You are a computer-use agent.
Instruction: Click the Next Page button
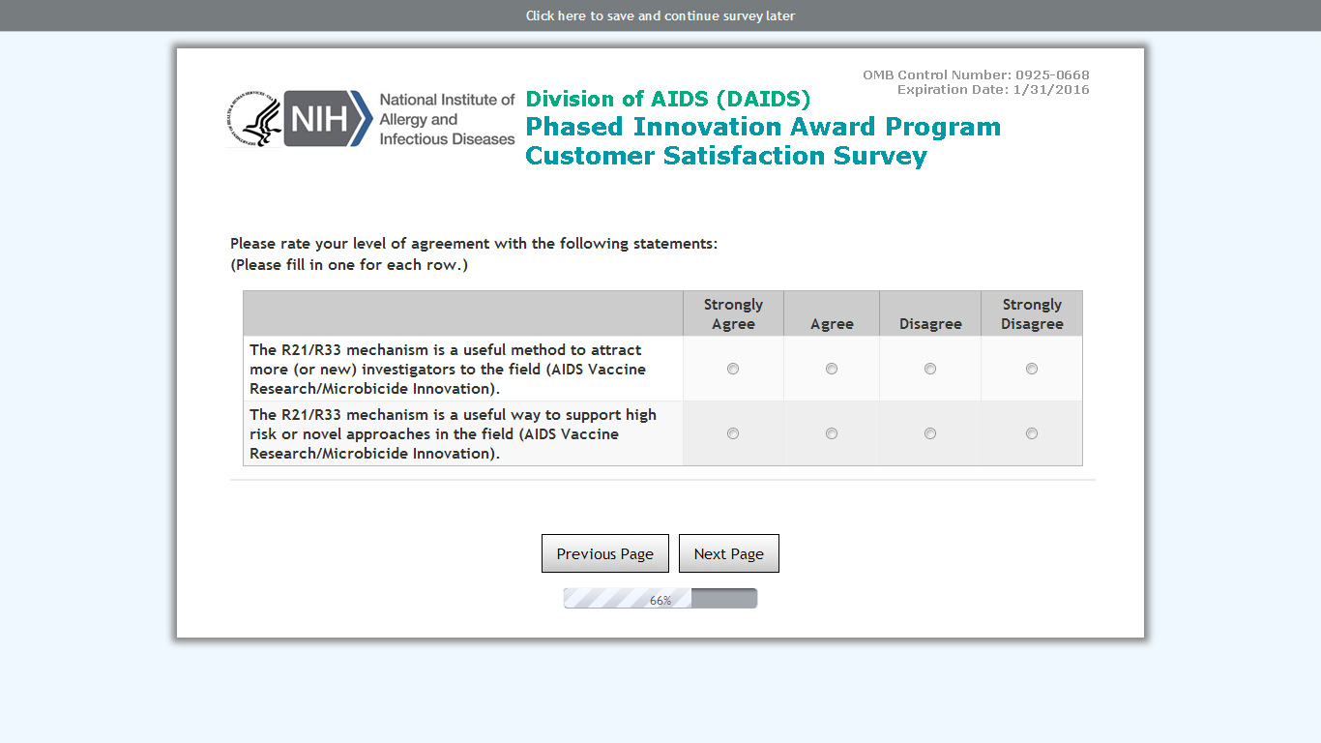pyautogui.click(x=728, y=553)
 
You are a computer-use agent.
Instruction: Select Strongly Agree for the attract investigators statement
pyautogui.click(x=732, y=369)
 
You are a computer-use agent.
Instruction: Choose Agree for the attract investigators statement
pyautogui.click(x=832, y=369)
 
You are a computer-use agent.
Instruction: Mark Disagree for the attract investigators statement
pyautogui.click(x=930, y=369)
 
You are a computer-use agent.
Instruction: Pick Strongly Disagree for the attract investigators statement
pyautogui.click(x=1032, y=369)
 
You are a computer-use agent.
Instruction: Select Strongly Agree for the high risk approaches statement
pyautogui.click(x=732, y=433)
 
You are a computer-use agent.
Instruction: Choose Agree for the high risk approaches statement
pyautogui.click(x=832, y=433)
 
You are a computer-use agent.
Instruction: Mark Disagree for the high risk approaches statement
pyautogui.click(x=930, y=433)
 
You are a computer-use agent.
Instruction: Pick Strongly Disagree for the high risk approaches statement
pyautogui.click(x=1032, y=433)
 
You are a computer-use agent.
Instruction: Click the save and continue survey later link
pyautogui.click(x=660, y=15)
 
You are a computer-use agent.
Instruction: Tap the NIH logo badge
pyautogui.click(x=328, y=119)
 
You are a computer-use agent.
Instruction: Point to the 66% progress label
pyautogui.click(x=660, y=600)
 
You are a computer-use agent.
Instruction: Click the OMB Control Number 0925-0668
pyautogui.click(x=976, y=74)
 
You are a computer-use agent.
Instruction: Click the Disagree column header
pyautogui.click(x=930, y=324)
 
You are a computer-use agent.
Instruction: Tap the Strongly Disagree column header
pyautogui.click(x=1032, y=314)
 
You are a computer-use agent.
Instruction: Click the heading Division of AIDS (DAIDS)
pyautogui.click(x=668, y=99)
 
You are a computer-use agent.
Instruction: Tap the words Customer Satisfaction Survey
pyautogui.click(x=726, y=156)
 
